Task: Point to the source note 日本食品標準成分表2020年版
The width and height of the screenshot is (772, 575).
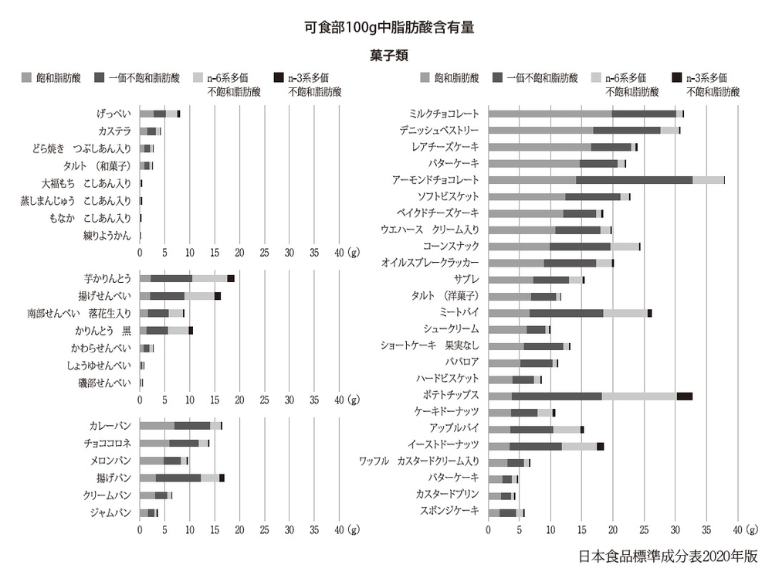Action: point(669,556)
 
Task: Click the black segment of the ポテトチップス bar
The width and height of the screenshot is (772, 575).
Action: point(684,396)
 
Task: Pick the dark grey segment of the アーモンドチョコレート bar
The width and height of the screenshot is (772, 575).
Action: point(634,179)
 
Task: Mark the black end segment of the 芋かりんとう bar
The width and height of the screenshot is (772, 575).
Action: point(231,278)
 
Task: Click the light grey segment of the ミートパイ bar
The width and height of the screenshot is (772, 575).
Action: point(625,312)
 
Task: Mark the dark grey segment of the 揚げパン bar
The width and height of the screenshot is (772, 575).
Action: point(178,478)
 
